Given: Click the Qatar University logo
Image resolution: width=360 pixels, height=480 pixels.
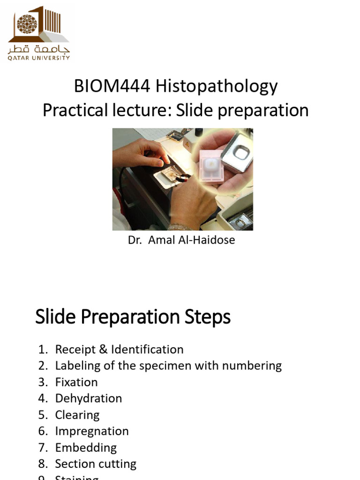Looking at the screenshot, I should (39, 33).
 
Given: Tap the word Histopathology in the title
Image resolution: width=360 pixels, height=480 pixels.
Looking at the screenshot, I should (217, 86).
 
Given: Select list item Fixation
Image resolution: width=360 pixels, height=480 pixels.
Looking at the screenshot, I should (76, 382).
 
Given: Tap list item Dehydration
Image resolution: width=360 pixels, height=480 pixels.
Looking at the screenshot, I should (89, 398).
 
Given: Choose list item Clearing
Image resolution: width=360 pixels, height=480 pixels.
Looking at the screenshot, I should (77, 415).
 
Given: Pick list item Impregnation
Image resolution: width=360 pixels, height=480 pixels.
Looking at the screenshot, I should (92, 431).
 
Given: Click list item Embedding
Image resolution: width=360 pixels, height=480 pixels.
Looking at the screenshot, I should (86, 448).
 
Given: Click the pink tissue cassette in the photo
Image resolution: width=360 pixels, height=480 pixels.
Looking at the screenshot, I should (210, 164).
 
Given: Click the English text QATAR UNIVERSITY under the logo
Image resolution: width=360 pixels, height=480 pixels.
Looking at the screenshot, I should (39, 58).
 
